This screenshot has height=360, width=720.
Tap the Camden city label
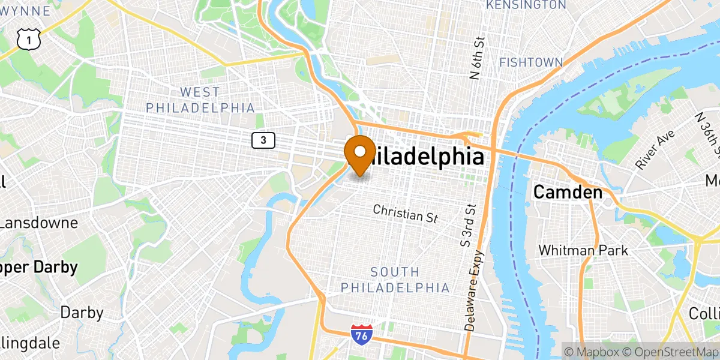click(568, 193)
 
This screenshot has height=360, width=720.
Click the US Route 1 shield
click(28, 40)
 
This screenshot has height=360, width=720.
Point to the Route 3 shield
click(263, 140)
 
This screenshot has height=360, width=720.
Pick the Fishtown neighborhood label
click(531, 62)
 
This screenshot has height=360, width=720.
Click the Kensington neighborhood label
click(526, 5)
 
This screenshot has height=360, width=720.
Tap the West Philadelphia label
click(200, 100)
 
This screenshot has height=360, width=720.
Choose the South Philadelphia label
click(395, 280)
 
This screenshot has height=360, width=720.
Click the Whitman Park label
click(583, 250)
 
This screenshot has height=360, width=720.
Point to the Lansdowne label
click(38, 223)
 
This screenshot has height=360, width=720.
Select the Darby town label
click(82, 313)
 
